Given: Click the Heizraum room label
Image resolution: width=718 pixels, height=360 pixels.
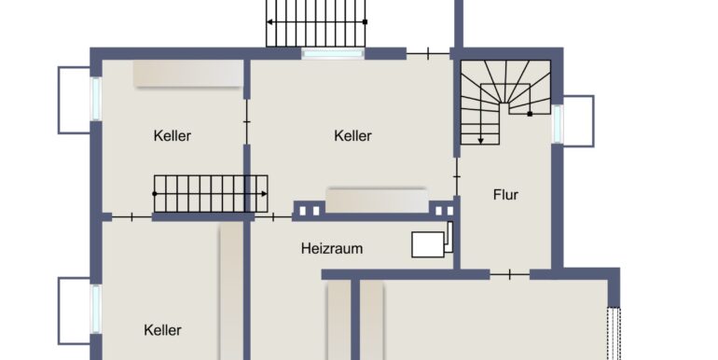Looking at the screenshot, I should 331,249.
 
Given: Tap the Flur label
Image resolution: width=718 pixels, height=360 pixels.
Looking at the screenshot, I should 505,195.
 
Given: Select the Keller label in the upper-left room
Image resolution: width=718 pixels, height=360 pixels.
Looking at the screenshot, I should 173,136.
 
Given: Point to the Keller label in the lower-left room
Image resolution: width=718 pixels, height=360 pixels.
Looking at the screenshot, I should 163,330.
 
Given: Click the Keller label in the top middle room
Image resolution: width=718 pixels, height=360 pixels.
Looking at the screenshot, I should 352,136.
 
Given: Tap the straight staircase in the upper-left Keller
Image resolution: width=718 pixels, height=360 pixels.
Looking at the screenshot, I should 211,193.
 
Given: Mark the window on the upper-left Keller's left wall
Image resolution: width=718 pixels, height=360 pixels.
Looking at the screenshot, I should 95,98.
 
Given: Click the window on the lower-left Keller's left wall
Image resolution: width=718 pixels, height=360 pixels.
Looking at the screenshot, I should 95,308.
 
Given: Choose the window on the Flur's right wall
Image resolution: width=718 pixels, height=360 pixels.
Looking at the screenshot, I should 558,122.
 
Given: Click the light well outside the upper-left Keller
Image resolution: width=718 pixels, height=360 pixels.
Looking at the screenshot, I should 74,99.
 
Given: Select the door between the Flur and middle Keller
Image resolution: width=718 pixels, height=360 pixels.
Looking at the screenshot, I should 457,174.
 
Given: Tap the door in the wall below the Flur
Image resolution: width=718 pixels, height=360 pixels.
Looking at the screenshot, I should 509,274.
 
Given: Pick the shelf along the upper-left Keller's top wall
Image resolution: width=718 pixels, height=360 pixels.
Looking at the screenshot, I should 187,75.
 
